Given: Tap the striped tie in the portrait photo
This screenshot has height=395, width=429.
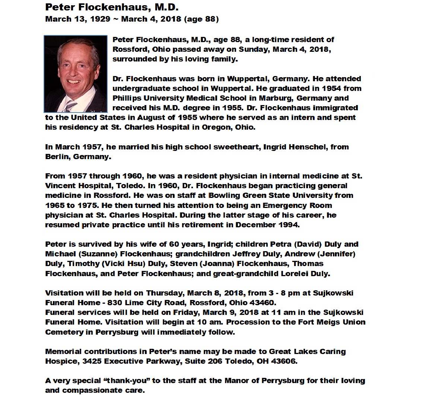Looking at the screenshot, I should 70,106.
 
